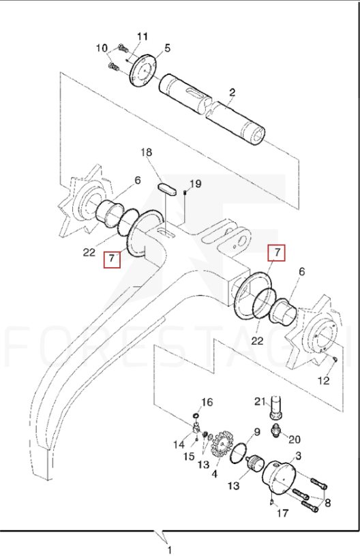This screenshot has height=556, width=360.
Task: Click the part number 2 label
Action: point(232,93)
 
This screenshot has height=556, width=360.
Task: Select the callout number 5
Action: point(167,48)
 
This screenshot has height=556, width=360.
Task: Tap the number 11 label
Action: point(142,37)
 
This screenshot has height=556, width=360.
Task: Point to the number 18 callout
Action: point(146,152)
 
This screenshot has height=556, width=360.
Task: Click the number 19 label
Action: point(196,184)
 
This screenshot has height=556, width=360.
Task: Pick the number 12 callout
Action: point(323,380)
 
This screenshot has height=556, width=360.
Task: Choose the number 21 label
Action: point(260,401)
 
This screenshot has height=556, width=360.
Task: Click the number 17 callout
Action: point(282,513)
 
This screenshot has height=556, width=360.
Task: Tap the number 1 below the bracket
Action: point(170,550)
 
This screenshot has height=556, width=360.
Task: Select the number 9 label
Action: point(257,432)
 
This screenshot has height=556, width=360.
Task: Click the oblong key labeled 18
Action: point(166,188)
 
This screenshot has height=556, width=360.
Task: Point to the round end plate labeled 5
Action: point(143,69)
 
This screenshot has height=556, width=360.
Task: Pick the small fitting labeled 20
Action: point(275,429)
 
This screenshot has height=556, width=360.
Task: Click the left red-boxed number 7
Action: point(112,258)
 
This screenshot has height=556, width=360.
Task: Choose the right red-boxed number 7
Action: point(277,253)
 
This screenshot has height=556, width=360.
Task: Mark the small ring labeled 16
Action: point(196,416)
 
